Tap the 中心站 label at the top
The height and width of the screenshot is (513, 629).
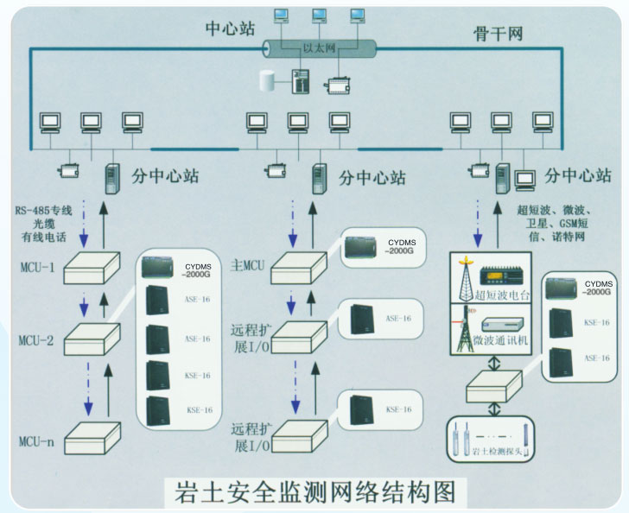[230, 28]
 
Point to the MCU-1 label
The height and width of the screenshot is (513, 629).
[35, 268]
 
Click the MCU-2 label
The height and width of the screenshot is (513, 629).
[35, 341]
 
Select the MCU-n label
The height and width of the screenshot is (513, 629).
[35, 442]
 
